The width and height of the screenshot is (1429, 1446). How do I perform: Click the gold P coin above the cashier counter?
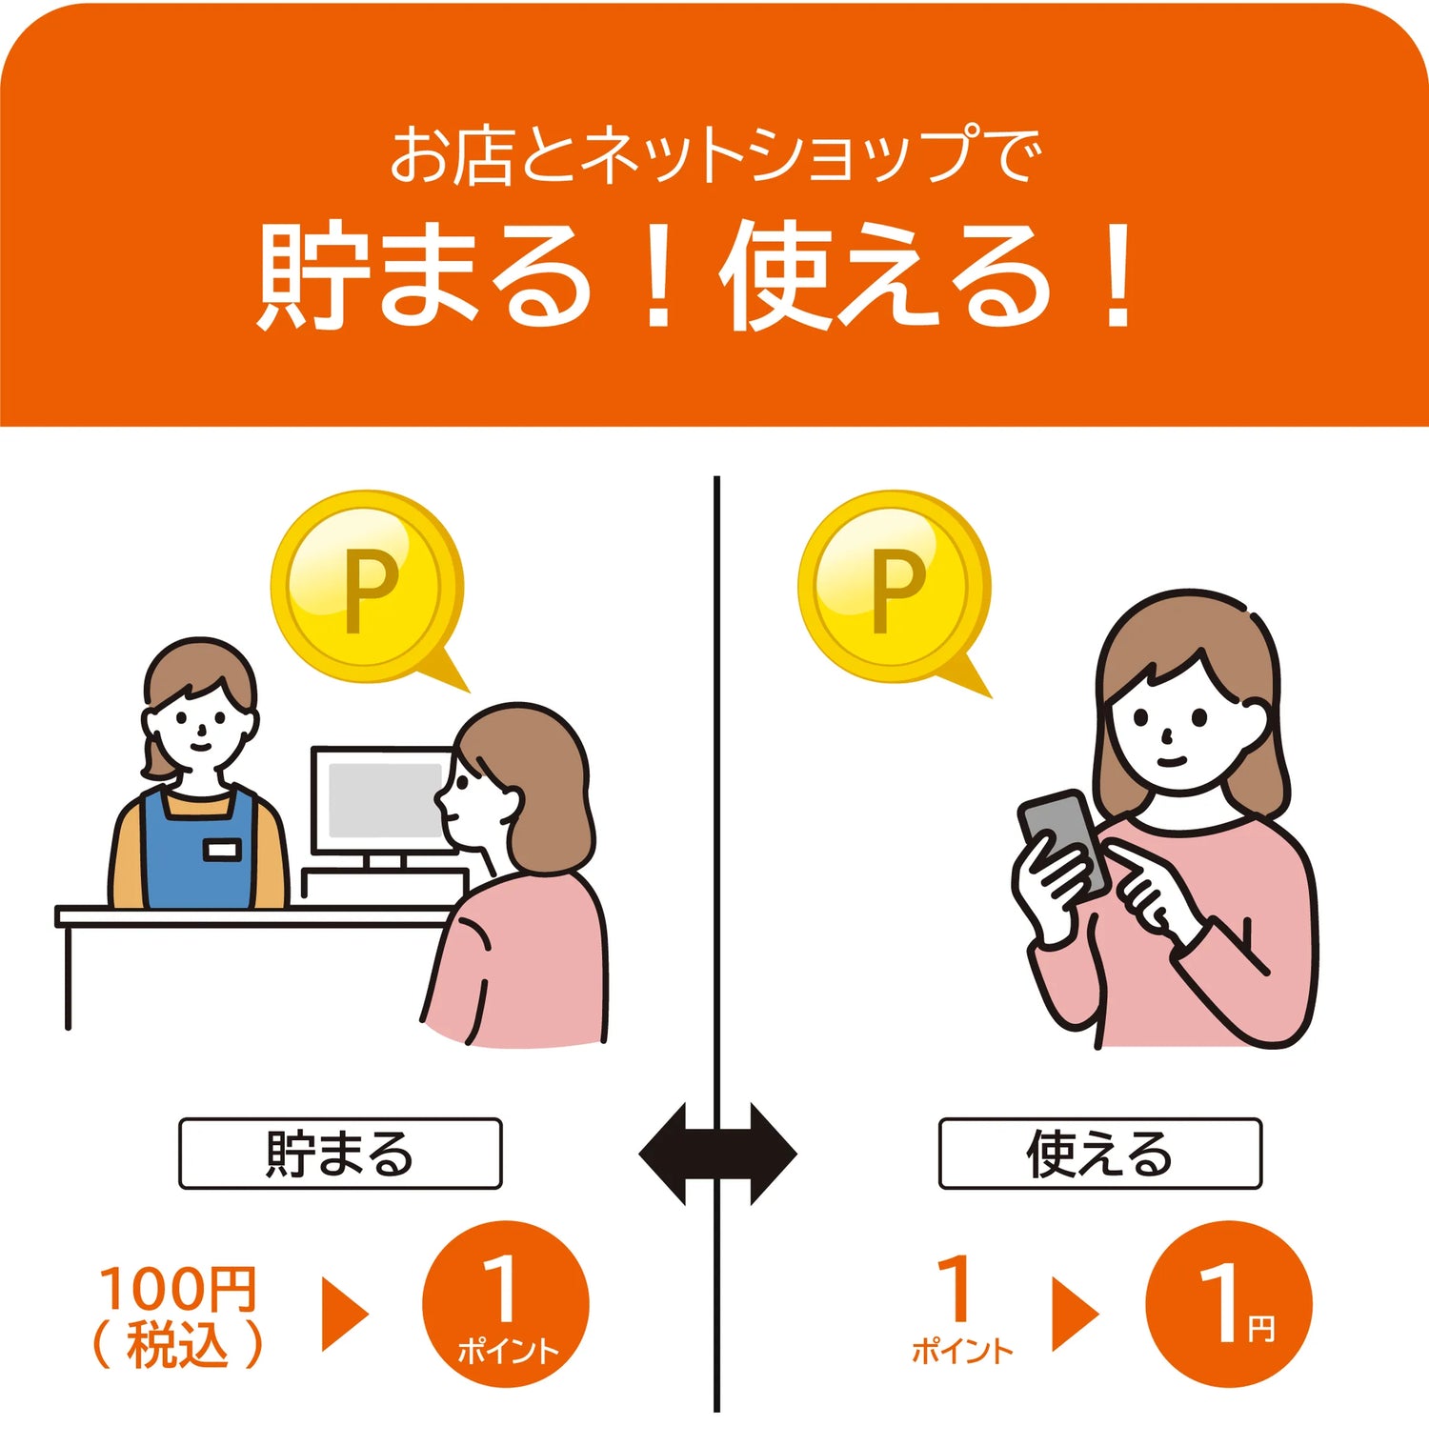click(367, 586)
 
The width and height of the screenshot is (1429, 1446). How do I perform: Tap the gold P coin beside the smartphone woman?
click(894, 586)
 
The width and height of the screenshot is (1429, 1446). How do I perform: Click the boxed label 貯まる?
click(340, 1154)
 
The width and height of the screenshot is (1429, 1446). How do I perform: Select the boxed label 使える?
click(1100, 1154)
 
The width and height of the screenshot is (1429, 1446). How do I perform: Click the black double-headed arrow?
click(717, 1155)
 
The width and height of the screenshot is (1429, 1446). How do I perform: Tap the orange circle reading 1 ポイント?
click(506, 1304)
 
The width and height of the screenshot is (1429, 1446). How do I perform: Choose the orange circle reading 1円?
click(1228, 1304)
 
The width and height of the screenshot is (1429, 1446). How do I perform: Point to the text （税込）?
click(178, 1344)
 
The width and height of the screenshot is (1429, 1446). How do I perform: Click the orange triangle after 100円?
click(344, 1314)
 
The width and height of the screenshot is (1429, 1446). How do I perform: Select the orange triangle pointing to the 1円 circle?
click(1075, 1314)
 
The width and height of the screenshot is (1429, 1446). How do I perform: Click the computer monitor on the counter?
click(383, 806)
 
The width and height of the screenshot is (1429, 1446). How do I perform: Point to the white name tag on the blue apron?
click(221, 850)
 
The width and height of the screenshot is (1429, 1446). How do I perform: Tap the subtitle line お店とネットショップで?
click(714, 155)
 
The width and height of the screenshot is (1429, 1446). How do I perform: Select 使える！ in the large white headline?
click(930, 276)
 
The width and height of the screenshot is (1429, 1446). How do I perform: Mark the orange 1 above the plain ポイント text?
click(955, 1288)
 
